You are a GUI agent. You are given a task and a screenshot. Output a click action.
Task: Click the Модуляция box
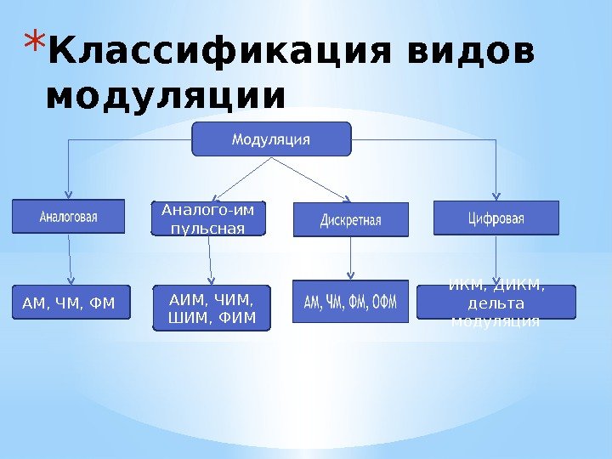271,139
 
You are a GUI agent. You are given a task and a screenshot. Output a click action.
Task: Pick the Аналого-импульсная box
208,218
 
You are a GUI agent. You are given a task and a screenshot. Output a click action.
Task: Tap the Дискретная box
350,219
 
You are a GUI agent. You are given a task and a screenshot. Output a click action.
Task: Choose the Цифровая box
496,218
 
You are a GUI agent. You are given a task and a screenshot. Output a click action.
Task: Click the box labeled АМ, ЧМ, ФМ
71,301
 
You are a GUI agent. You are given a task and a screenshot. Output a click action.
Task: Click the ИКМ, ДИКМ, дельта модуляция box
496,302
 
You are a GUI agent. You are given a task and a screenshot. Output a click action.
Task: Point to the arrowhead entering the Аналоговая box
69,195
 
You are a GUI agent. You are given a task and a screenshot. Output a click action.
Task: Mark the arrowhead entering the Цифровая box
496,195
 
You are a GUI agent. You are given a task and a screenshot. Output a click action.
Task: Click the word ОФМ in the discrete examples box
383,303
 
